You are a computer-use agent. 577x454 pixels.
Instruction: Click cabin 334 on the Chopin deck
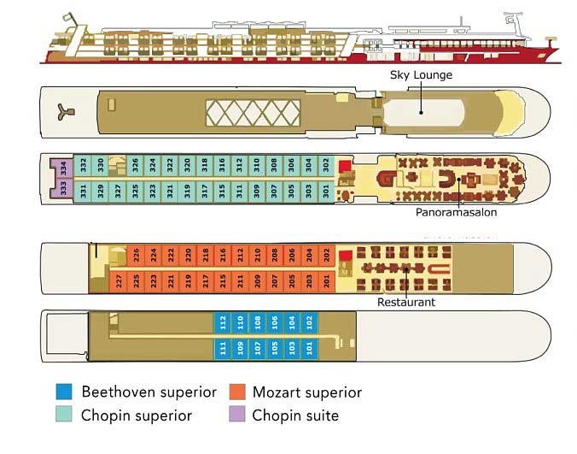(63, 168)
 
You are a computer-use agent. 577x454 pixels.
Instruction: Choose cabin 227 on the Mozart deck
(119, 280)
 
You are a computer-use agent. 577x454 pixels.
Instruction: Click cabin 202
(326, 255)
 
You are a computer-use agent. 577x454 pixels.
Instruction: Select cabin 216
(223, 255)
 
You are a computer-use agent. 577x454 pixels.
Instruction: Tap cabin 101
(309, 348)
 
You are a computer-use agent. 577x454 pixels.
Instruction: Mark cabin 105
(275, 348)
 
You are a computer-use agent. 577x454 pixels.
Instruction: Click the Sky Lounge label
(421, 75)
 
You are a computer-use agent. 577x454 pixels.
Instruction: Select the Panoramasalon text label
(456, 213)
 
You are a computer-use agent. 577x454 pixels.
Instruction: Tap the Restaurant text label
(406, 302)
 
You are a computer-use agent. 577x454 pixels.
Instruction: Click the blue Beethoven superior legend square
(64, 392)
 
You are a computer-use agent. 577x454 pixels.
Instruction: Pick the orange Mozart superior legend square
(237, 392)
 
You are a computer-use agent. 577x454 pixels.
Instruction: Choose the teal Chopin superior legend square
(64, 416)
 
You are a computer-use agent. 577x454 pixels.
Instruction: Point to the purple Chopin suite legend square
(237, 416)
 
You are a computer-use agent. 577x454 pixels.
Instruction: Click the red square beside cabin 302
(345, 166)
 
